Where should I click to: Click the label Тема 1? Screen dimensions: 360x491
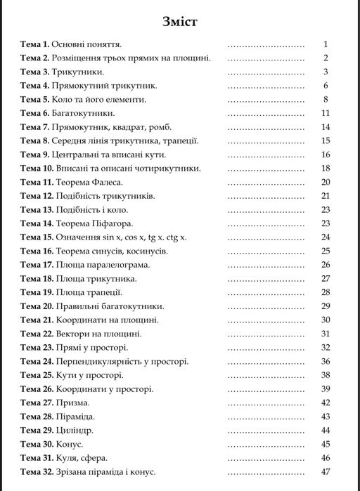pyautogui.click(x=34, y=44)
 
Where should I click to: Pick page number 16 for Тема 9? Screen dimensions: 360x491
pyautogui.click(x=325, y=154)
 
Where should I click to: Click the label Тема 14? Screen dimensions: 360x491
pyautogui.click(x=37, y=223)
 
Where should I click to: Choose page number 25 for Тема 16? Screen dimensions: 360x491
pyautogui.click(x=325, y=250)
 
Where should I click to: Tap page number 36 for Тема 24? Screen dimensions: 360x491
pyautogui.click(x=325, y=360)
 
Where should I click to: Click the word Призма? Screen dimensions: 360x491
pyautogui.click(x=72, y=402)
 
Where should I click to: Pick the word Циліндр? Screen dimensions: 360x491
pyautogui.click(x=75, y=429)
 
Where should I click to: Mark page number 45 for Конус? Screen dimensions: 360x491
pyautogui.click(x=325, y=443)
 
